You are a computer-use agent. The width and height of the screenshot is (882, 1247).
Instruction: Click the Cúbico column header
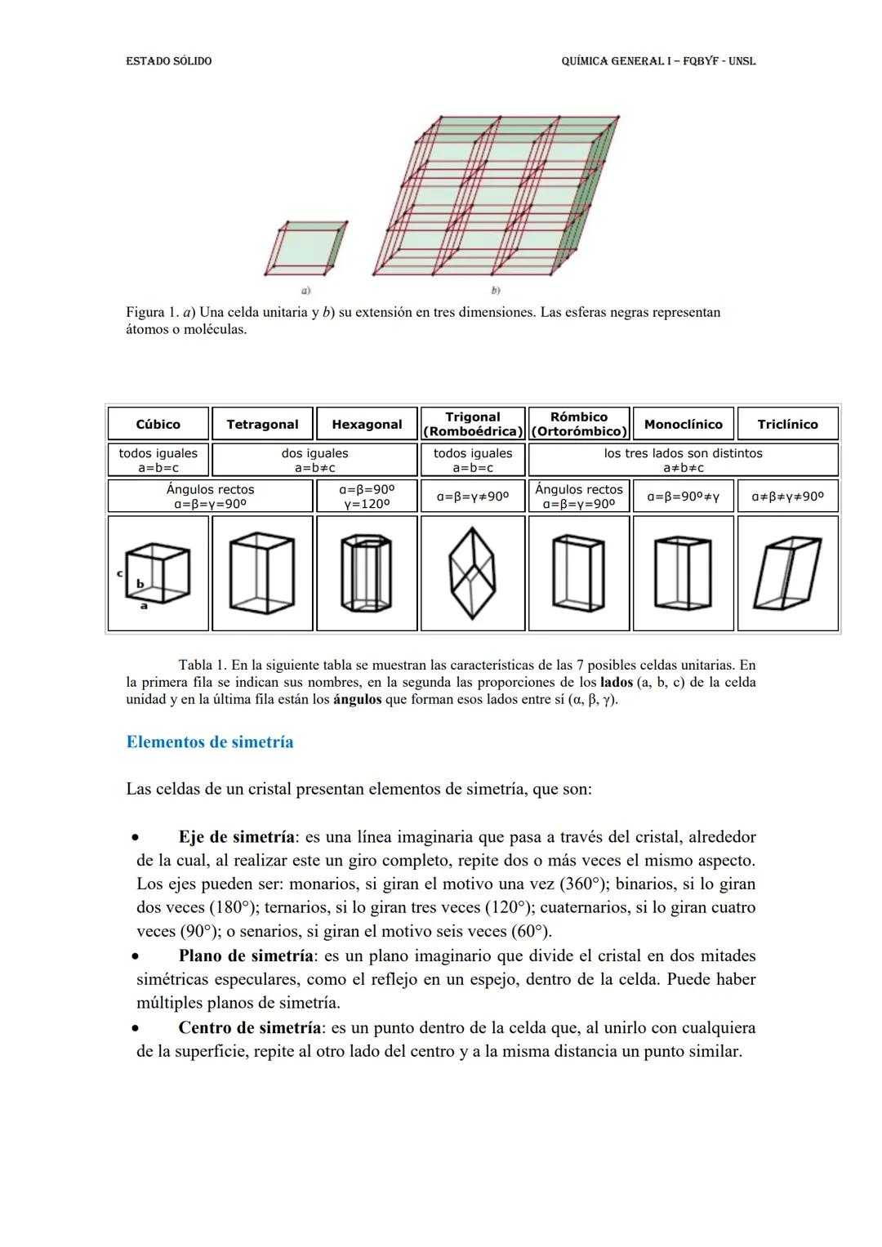tap(158, 424)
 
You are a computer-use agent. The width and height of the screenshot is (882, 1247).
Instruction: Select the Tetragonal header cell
tap(262, 424)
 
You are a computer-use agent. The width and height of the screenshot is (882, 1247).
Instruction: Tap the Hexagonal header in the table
tap(367, 424)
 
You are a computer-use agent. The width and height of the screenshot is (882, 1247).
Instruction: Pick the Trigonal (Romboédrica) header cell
tap(472, 424)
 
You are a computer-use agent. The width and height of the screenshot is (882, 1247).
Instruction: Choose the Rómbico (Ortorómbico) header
tap(578, 424)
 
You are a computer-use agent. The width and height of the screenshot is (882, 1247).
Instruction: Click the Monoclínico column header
tap(683, 424)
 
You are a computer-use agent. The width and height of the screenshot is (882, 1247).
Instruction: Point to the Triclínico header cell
tap(787, 424)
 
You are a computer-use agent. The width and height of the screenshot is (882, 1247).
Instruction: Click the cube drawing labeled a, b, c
tap(158, 574)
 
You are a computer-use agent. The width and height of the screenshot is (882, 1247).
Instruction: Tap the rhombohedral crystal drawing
tap(472, 572)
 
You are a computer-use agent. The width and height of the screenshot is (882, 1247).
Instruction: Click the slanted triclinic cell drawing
tap(787, 572)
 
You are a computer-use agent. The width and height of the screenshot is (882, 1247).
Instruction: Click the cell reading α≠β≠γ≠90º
tap(787, 496)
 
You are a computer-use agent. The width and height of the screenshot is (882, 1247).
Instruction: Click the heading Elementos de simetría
tap(210, 742)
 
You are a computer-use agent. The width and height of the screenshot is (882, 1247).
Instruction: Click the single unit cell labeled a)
tap(305, 247)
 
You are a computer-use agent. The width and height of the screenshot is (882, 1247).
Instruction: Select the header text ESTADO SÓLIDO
tap(169, 61)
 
